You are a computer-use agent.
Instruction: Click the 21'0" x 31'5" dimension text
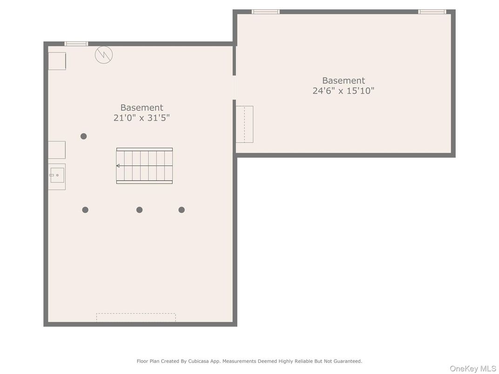(142, 118)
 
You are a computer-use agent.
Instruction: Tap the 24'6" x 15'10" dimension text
(344, 91)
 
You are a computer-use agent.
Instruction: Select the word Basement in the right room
(344, 80)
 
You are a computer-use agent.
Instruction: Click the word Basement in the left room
(142, 107)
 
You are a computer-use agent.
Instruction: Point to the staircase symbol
(144, 166)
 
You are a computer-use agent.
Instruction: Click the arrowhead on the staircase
(118, 166)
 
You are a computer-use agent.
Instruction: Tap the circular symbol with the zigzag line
(104, 55)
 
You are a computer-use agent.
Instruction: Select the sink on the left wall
(57, 175)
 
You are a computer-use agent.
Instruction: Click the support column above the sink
(84, 136)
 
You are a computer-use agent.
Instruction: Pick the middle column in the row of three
(139, 210)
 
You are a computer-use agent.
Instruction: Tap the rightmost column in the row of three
(182, 210)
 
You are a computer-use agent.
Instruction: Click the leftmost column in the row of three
(85, 210)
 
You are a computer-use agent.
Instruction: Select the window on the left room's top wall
(76, 44)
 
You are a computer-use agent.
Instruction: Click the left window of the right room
(266, 12)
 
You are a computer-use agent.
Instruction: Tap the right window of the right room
(432, 12)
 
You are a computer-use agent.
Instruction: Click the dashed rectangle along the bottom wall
(136, 317)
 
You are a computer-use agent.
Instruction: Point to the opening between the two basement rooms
(234, 87)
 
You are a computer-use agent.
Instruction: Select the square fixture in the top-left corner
(57, 61)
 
